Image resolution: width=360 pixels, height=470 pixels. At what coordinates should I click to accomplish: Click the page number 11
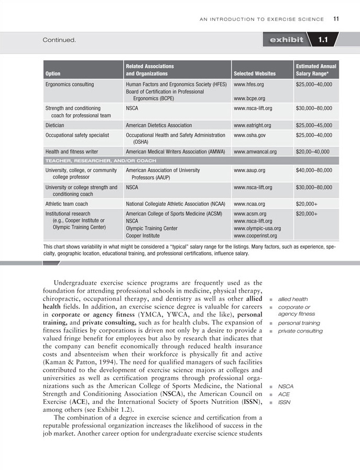pyautogui.click(x=336, y=19)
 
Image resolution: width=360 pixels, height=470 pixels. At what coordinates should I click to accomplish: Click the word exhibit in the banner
pyautogui.click(x=286, y=40)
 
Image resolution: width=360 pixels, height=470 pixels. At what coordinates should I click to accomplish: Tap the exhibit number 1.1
pyautogui.click(x=323, y=40)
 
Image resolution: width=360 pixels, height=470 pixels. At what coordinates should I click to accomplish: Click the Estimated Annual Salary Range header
pyautogui.click(x=316, y=70)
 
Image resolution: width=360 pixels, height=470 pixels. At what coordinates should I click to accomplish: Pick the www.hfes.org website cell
pyautogui.click(x=249, y=84)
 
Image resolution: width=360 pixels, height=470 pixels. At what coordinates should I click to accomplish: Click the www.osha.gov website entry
pyautogui.click(x=249, y=135)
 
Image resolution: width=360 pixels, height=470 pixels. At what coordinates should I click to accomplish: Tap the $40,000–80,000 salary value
pyautogui.click(x=314, y=170)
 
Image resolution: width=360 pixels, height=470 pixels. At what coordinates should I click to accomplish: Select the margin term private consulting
pyautogui.click(x=300, y=331)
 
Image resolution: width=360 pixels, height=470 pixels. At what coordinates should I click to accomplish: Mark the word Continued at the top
pyautogui.click(x=60, y=40)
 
